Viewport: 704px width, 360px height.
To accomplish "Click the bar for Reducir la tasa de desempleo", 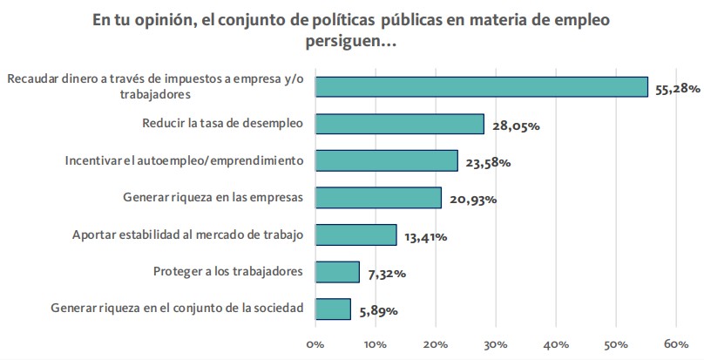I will [399, 124].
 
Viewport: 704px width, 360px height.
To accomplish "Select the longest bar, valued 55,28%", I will [481, 86].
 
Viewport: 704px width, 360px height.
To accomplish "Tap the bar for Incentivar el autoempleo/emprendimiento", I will [386, 160].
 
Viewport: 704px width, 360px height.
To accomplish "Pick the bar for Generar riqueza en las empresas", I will [378, 198].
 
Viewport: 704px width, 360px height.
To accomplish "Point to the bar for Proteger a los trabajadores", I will [337, 272].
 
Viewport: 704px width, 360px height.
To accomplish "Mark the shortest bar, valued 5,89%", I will [333, 309].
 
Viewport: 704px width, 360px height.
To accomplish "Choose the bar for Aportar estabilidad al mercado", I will [355, 234].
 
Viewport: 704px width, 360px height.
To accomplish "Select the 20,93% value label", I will [475, 200].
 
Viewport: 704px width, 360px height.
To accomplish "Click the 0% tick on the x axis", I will [315, 344].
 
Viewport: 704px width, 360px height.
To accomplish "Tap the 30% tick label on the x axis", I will [496, 344].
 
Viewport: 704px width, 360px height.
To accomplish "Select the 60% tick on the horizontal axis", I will [676, 344].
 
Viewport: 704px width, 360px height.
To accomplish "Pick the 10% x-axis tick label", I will [376, 344].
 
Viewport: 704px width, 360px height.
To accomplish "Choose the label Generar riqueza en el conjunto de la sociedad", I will [177, 308].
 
